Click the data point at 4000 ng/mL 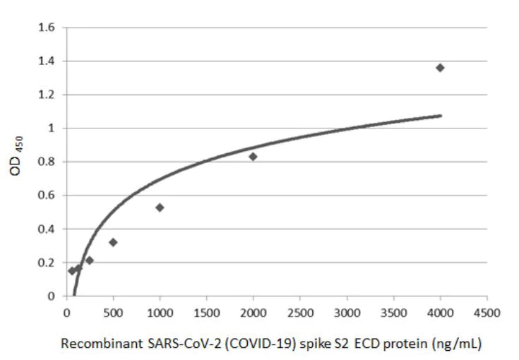[x=440, y=68]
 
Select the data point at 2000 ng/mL [x=253, y=157]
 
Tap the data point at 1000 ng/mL [x=160, y=208]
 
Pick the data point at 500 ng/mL [x=113, y=242]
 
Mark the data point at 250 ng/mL [x=90, y=260]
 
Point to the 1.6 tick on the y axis [x=52, y=28]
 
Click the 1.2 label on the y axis [x=52, y=95]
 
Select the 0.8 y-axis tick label [x=52, y=162]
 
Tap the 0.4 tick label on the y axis [x=52, y=229]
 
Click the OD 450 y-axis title [x=23, y=161]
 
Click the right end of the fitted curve [x=441, y=115]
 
